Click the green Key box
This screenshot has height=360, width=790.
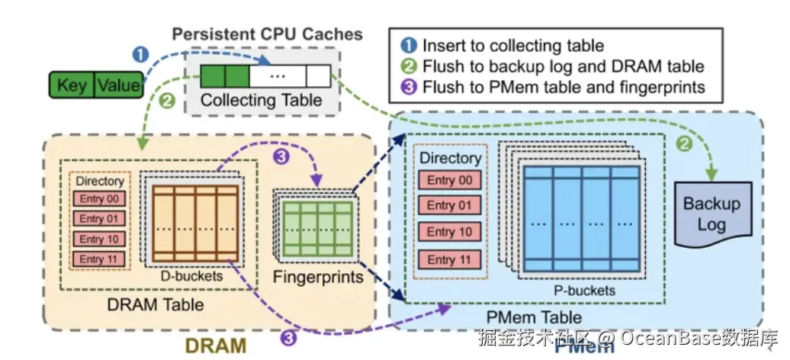tap(72, 85)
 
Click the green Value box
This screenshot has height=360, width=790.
tap(119, 85)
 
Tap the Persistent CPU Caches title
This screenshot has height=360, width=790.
tap(267, 34)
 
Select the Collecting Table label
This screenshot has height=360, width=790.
tap(261, 100)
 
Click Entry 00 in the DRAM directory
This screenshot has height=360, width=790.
tap(99, 198)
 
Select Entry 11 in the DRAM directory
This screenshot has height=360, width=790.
tap(99, 259)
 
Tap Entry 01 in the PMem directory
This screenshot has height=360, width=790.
tap(450, 205)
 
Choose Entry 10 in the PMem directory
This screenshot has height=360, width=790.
tap(450, 232)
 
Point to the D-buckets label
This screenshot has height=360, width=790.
tap(191, 276)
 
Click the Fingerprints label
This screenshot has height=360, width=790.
tap(317, 278)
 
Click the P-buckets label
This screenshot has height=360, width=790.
tap(584, 290)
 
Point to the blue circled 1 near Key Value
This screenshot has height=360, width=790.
tap(140, 54)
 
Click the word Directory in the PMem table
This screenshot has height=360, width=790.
tap(451, 159)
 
